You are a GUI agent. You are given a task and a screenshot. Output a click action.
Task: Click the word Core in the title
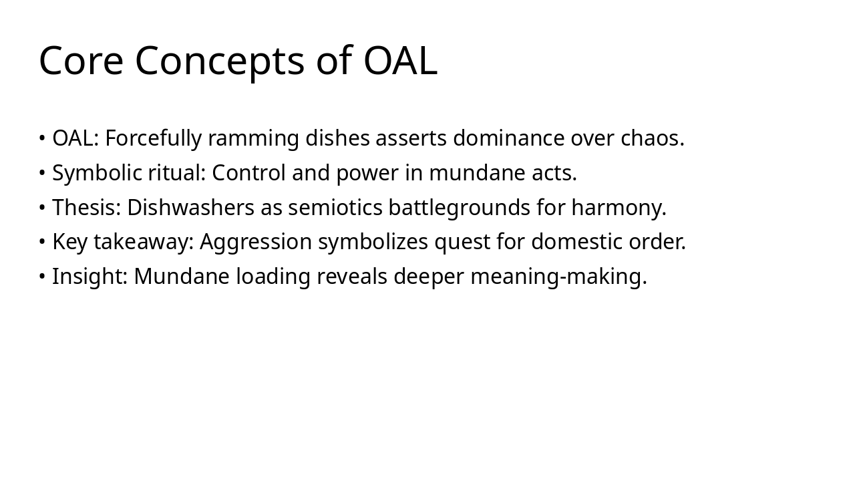tap(81, 61)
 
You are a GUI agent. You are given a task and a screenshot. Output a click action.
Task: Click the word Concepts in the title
tap(220, 63)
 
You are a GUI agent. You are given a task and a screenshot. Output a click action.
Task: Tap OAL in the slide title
tap(400, 61)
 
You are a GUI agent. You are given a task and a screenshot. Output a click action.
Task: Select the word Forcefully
tap(154, 138)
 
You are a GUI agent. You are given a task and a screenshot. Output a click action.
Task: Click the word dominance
tap(509, 138)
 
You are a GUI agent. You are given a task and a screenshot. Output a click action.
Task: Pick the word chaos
tap(653, 138)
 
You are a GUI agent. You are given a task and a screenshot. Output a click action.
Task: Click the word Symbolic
tap(97, 173)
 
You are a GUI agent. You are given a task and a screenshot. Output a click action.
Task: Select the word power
tap(367, 174)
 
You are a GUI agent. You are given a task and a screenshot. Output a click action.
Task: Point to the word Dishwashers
tap(191, 207)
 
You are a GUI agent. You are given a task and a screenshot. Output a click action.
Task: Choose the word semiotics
tap(335, 208)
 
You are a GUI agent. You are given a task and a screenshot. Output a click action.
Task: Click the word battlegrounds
tap(459, 208)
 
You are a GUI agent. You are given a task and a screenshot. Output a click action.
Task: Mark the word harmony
tap(619, 208)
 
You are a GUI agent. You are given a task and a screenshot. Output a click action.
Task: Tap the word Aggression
tap(256, 243)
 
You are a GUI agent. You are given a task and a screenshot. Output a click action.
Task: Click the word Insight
tap(90, 277)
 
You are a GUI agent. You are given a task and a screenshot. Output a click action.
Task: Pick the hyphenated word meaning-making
tap(559, 277)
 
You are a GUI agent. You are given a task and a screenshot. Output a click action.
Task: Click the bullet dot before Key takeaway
tap(42, 241)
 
